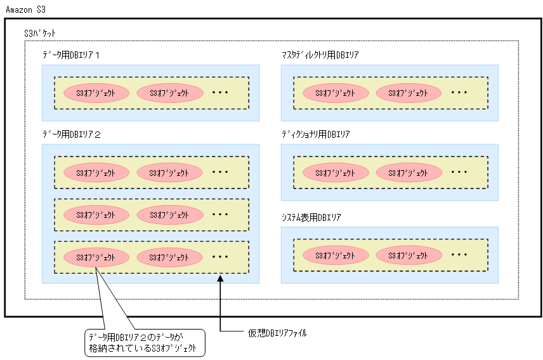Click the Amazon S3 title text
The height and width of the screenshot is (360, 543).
pos(25,10)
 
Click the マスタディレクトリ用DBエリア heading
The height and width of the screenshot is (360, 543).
pos(320,55)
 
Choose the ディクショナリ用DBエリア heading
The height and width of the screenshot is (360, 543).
pos(315,135)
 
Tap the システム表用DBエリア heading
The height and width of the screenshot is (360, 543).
pos(311,218)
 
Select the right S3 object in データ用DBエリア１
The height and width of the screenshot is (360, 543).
pos(169,93)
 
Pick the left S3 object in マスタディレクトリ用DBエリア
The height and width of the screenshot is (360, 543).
pos(336,93)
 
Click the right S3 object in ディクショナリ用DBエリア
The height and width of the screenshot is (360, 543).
pos(409,172)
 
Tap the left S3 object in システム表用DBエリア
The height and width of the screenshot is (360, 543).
pos(336,255)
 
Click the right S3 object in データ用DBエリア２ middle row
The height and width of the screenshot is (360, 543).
pos(169,215)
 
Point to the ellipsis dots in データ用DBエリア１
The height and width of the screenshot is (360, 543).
pos(220,93)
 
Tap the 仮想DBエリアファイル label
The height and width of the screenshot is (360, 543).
pos(277,332)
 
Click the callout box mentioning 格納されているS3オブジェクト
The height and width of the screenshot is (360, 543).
pos(145,342)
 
